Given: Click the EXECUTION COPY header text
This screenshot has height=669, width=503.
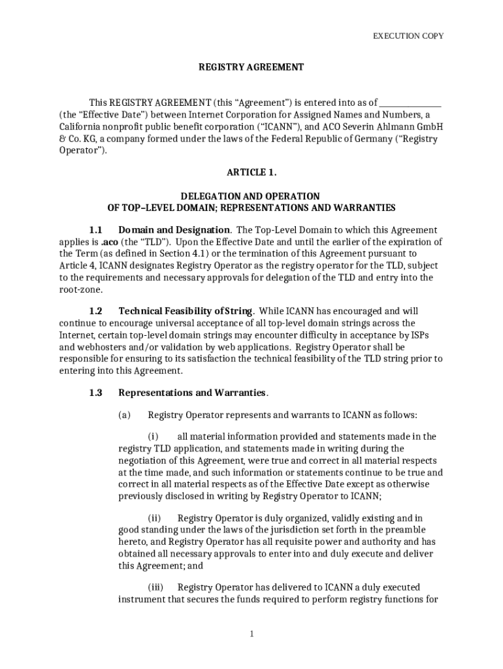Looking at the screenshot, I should (408, 36).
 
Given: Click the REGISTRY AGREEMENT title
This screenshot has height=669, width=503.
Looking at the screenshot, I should (252, 67).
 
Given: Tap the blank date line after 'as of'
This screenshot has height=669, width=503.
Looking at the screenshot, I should (410, 103).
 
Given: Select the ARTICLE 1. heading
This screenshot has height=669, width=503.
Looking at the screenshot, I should (252, 172).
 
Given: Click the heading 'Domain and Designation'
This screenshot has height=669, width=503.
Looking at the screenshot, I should (174, 229).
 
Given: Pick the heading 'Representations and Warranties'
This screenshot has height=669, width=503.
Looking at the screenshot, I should (192, 393).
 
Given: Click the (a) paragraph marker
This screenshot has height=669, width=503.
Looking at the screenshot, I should (124, 415).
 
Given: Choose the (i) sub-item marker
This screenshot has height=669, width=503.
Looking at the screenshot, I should (153, 436).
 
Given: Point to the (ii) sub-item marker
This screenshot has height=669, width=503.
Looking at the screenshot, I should (154, 517).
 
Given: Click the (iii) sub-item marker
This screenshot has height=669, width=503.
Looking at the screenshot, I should (155, 587).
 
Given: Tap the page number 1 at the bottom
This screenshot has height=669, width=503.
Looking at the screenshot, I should (252, 634).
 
